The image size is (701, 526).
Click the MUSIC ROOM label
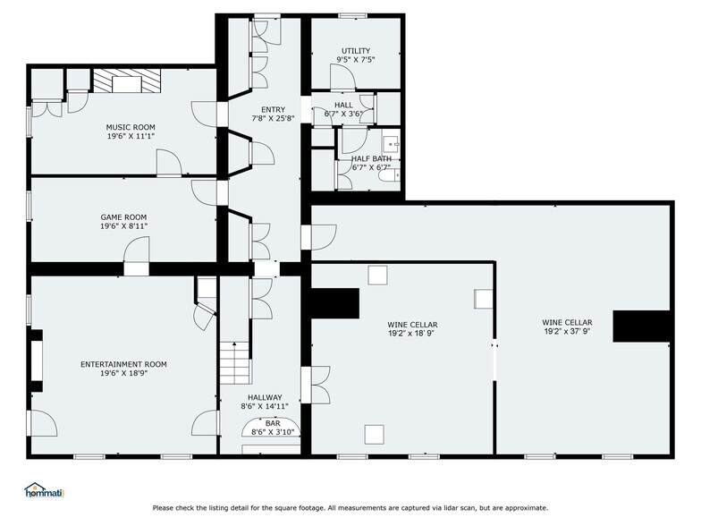click(131, 127)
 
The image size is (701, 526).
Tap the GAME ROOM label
click(123, 217)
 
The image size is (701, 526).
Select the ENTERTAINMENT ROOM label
click(123, 365)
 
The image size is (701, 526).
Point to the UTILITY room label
click(356, 51)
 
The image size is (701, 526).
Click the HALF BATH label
click(372, 159)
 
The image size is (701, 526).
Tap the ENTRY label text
click(274, 109)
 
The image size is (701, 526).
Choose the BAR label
click(273, 423)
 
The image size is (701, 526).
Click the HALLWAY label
click(265, 397)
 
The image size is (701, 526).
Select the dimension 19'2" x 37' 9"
click(568, 331)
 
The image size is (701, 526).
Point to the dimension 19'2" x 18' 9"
click(411, 333)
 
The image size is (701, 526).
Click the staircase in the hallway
click(234, 363)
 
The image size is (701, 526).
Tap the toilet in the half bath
click(389, 175)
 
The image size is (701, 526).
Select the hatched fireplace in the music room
click(127, 81)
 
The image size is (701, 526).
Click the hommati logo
click(45, 490)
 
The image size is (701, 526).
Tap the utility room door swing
click(342, 76)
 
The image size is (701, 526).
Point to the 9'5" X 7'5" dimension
click(356, 59)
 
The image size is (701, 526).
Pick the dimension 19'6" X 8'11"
click(123, 226)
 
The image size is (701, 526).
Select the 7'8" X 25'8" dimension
click(274, 118)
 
